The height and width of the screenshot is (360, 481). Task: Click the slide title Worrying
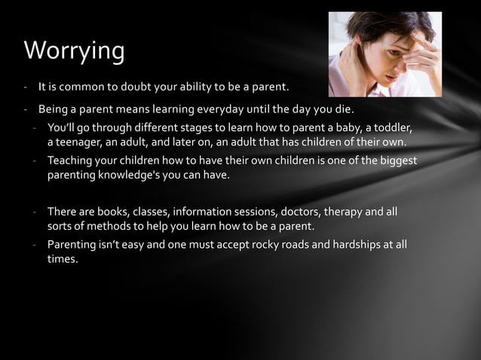[74, 50]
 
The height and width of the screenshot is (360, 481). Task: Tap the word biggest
[395, 160]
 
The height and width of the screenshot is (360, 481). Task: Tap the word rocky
[268, 245]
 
